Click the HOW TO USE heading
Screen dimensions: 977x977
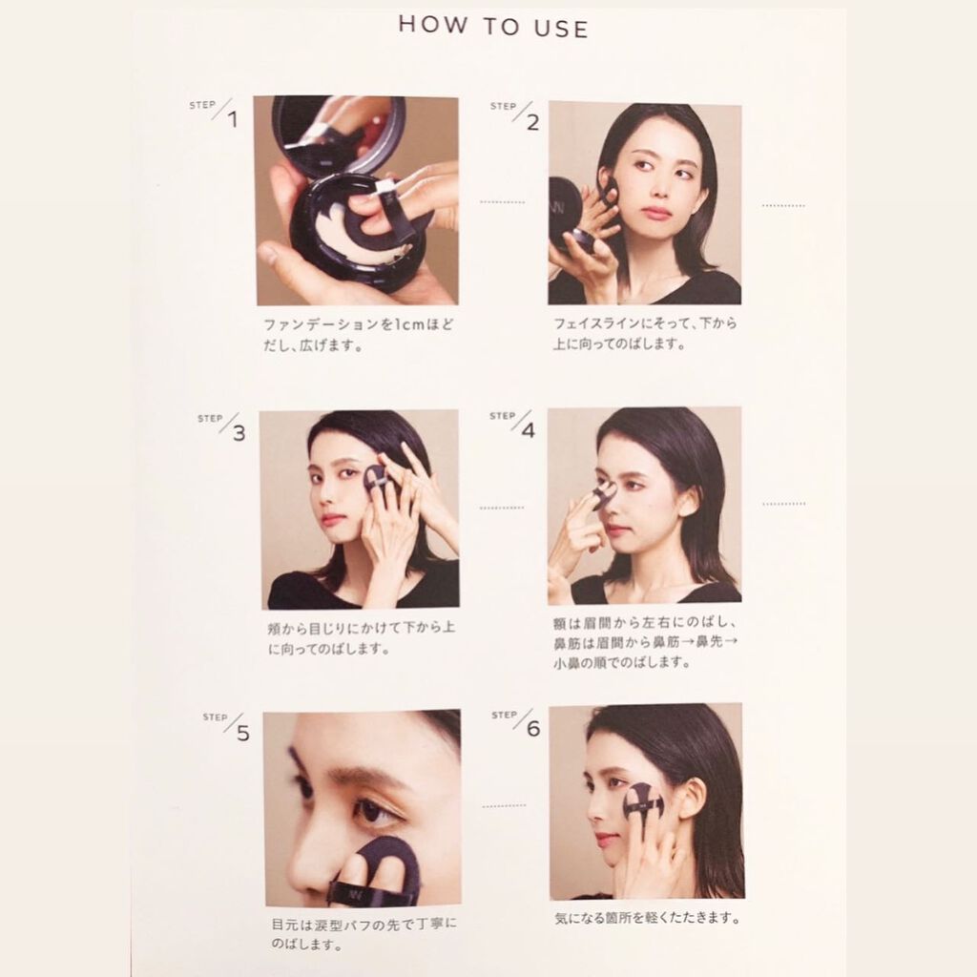[493, 27]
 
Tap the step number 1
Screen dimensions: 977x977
[233, 119]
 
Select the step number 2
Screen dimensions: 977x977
[532, 123]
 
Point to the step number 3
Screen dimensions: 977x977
[239, 433]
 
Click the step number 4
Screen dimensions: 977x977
[529, 430]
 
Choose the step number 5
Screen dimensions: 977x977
[243, 734]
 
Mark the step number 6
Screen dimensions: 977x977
[533, 729]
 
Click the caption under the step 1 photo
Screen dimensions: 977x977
[359, 335]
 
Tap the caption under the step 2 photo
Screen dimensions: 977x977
[645, 333]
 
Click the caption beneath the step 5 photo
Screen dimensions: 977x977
[364, 934]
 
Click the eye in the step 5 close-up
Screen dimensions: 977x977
[374, 812]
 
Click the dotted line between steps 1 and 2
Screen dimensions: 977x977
[503, 202]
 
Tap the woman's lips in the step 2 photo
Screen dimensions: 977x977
[657, 212]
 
